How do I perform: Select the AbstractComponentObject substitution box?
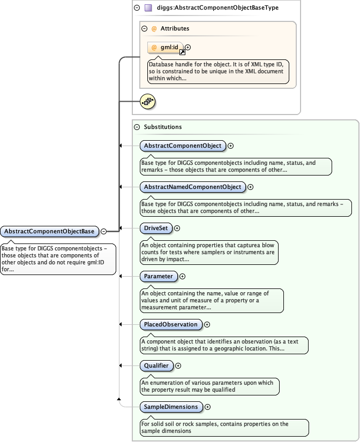(183, 146)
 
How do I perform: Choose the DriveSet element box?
(155, 228)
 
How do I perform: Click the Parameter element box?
(159, 276)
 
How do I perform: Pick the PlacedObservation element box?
(171, 324)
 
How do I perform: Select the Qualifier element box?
(156, 365)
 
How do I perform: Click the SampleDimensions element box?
(171, 407)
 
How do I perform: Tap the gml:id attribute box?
(166, 48)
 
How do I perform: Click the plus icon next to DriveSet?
(177, 228)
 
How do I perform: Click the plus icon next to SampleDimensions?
(207, 407)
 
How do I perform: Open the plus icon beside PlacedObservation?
(207, 324)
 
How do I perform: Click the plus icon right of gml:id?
(188, 48)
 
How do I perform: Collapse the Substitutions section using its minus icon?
(137, 127)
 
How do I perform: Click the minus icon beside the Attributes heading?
(144, 29)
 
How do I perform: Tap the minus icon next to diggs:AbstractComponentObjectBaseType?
(137, 8)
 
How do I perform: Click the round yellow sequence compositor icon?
(147, 101)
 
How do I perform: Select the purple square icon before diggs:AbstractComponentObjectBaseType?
(148, 8)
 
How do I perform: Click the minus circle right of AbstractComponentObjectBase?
(104, 232)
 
